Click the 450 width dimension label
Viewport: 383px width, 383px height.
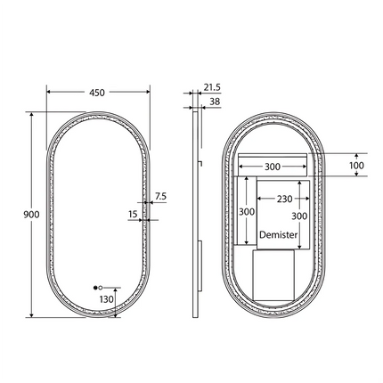pos(97,93)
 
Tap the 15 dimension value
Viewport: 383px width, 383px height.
pos(133,214)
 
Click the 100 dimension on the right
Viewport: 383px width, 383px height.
pos(356,166)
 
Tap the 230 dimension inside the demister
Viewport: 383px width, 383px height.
pos(284,200)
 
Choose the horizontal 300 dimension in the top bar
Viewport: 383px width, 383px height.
pos(272,166)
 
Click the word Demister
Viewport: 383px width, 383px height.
pos(278,234)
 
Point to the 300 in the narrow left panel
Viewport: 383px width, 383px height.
pos(247,212)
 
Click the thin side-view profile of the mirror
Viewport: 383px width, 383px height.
pos(194,214)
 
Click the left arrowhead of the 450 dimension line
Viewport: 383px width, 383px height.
pos(49,93)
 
